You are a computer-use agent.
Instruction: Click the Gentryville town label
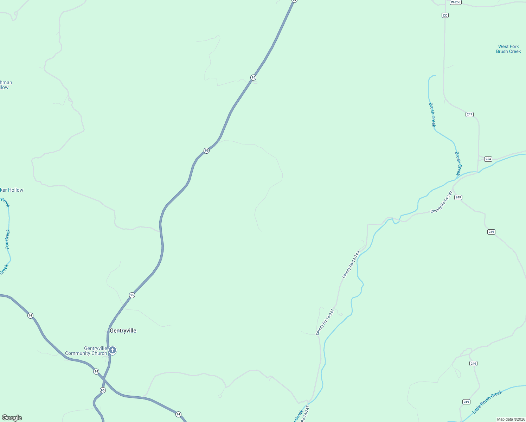[x=123, y=331]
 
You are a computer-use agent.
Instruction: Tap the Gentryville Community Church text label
[x=86, y=351]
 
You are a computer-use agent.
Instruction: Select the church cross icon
[x=113, y=350]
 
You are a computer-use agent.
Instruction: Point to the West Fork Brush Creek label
[x=508, y=49]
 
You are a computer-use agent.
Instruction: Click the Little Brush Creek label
[x=487, y=402]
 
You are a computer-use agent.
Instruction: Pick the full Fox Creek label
[x=8, y=239]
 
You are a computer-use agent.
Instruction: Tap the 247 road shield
[x=469, y=114]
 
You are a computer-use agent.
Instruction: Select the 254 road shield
[x=488, y=159]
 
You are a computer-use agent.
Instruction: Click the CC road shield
[x=445, y=15]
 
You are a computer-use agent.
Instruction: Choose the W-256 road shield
[x=455, y=2]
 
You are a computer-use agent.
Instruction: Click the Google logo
[x=12, y=418]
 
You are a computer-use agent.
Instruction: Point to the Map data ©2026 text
[x=511, y=419]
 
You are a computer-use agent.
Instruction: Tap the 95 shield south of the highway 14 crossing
[x=103, y=390]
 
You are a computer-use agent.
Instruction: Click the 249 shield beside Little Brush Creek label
[x=466, y=402]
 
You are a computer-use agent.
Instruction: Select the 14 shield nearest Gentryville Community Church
[x=96, y=371]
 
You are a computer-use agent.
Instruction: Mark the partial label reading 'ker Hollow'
[x=12, y=190]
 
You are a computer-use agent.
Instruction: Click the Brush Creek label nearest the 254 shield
[x=458, y=163]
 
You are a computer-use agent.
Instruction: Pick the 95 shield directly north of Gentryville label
[x=132, y=295]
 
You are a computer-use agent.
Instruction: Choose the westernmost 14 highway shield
[x=30, y=315]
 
